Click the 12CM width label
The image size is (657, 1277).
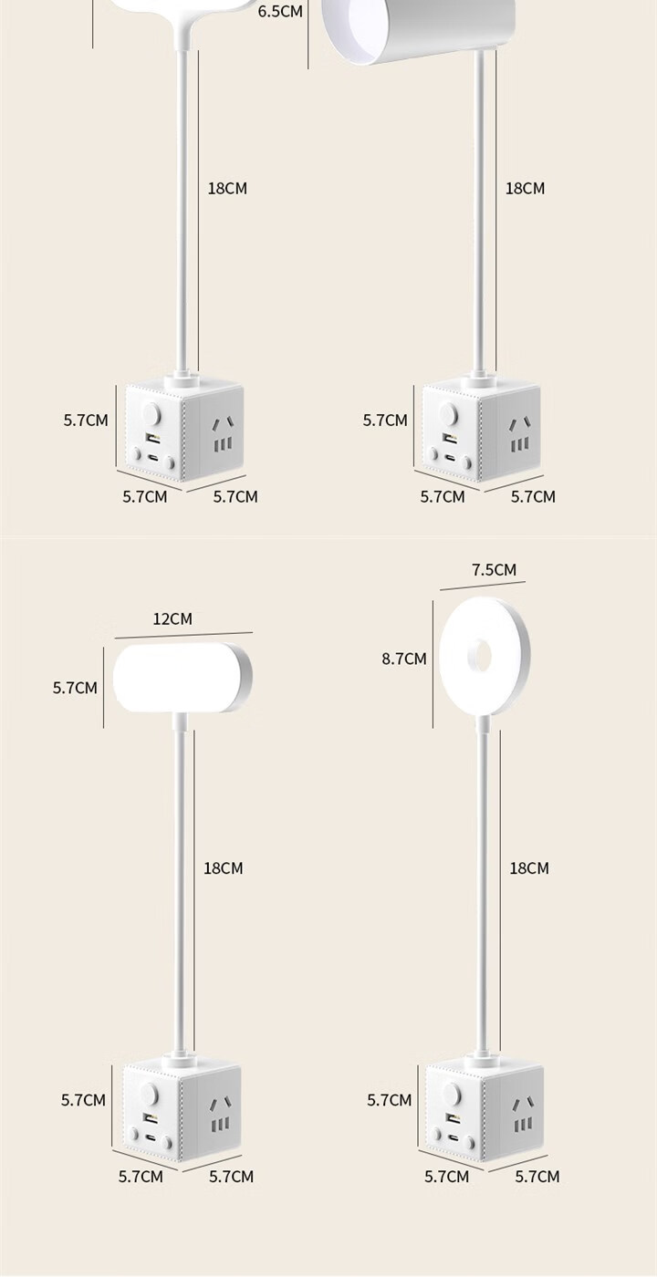pos(172,618)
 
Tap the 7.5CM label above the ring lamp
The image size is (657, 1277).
pos(494,570)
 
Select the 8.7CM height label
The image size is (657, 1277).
pos(404,659)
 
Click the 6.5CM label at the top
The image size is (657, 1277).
pos(280,12)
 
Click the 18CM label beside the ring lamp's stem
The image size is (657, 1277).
pos(529,867)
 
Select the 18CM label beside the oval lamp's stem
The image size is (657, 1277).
pos(224,867)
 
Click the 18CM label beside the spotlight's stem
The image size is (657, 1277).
pos(525,188)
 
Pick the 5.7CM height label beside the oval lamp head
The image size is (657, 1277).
pos(75,688)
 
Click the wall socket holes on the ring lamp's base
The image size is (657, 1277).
pos(523,1115)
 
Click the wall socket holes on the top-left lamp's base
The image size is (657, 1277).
pos(220,436)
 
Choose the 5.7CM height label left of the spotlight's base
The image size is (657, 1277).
pos(385,420)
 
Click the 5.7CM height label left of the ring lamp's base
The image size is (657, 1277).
pos(390,1100)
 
